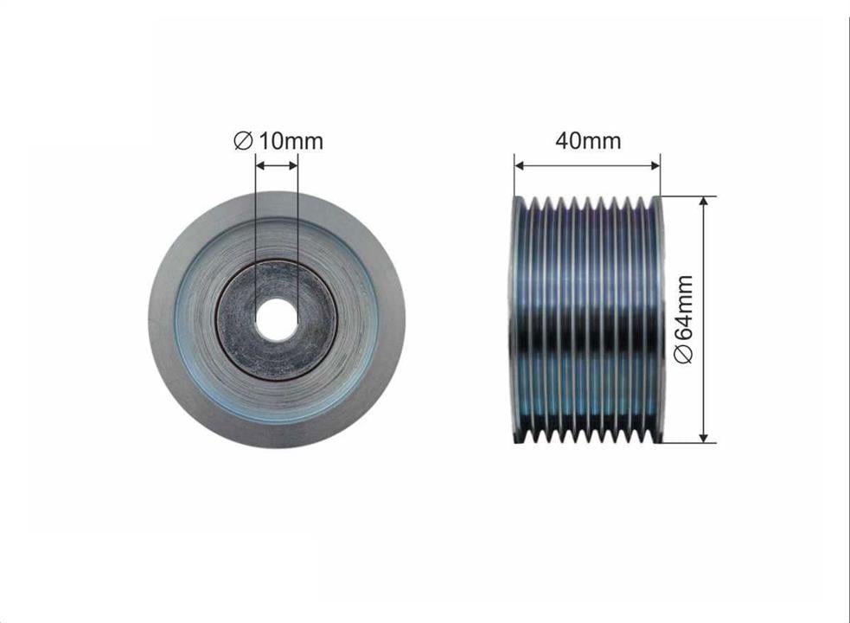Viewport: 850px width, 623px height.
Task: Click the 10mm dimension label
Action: [x=291, y=141]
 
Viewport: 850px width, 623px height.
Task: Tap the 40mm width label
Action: [x=588, y=140]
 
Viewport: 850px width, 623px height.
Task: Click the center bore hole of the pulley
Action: [x=277, y=319]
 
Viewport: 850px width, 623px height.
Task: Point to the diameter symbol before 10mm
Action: [x=243, y=141]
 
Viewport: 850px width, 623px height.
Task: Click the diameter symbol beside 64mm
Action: [x=684, y=353]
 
